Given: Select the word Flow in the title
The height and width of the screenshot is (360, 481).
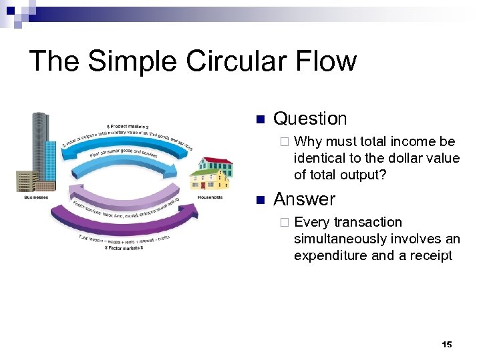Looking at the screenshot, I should click(328, 61).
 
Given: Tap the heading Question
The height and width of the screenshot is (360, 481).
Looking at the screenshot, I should click(310, 119).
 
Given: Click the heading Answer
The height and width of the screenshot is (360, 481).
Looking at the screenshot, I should click(304, 199).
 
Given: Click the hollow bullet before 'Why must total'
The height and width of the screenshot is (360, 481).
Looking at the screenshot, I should click(285, 142).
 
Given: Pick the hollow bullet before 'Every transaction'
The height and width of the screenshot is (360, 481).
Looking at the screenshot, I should click(285, 223).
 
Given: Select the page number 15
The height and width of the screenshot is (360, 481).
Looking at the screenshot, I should click(447, 344).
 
